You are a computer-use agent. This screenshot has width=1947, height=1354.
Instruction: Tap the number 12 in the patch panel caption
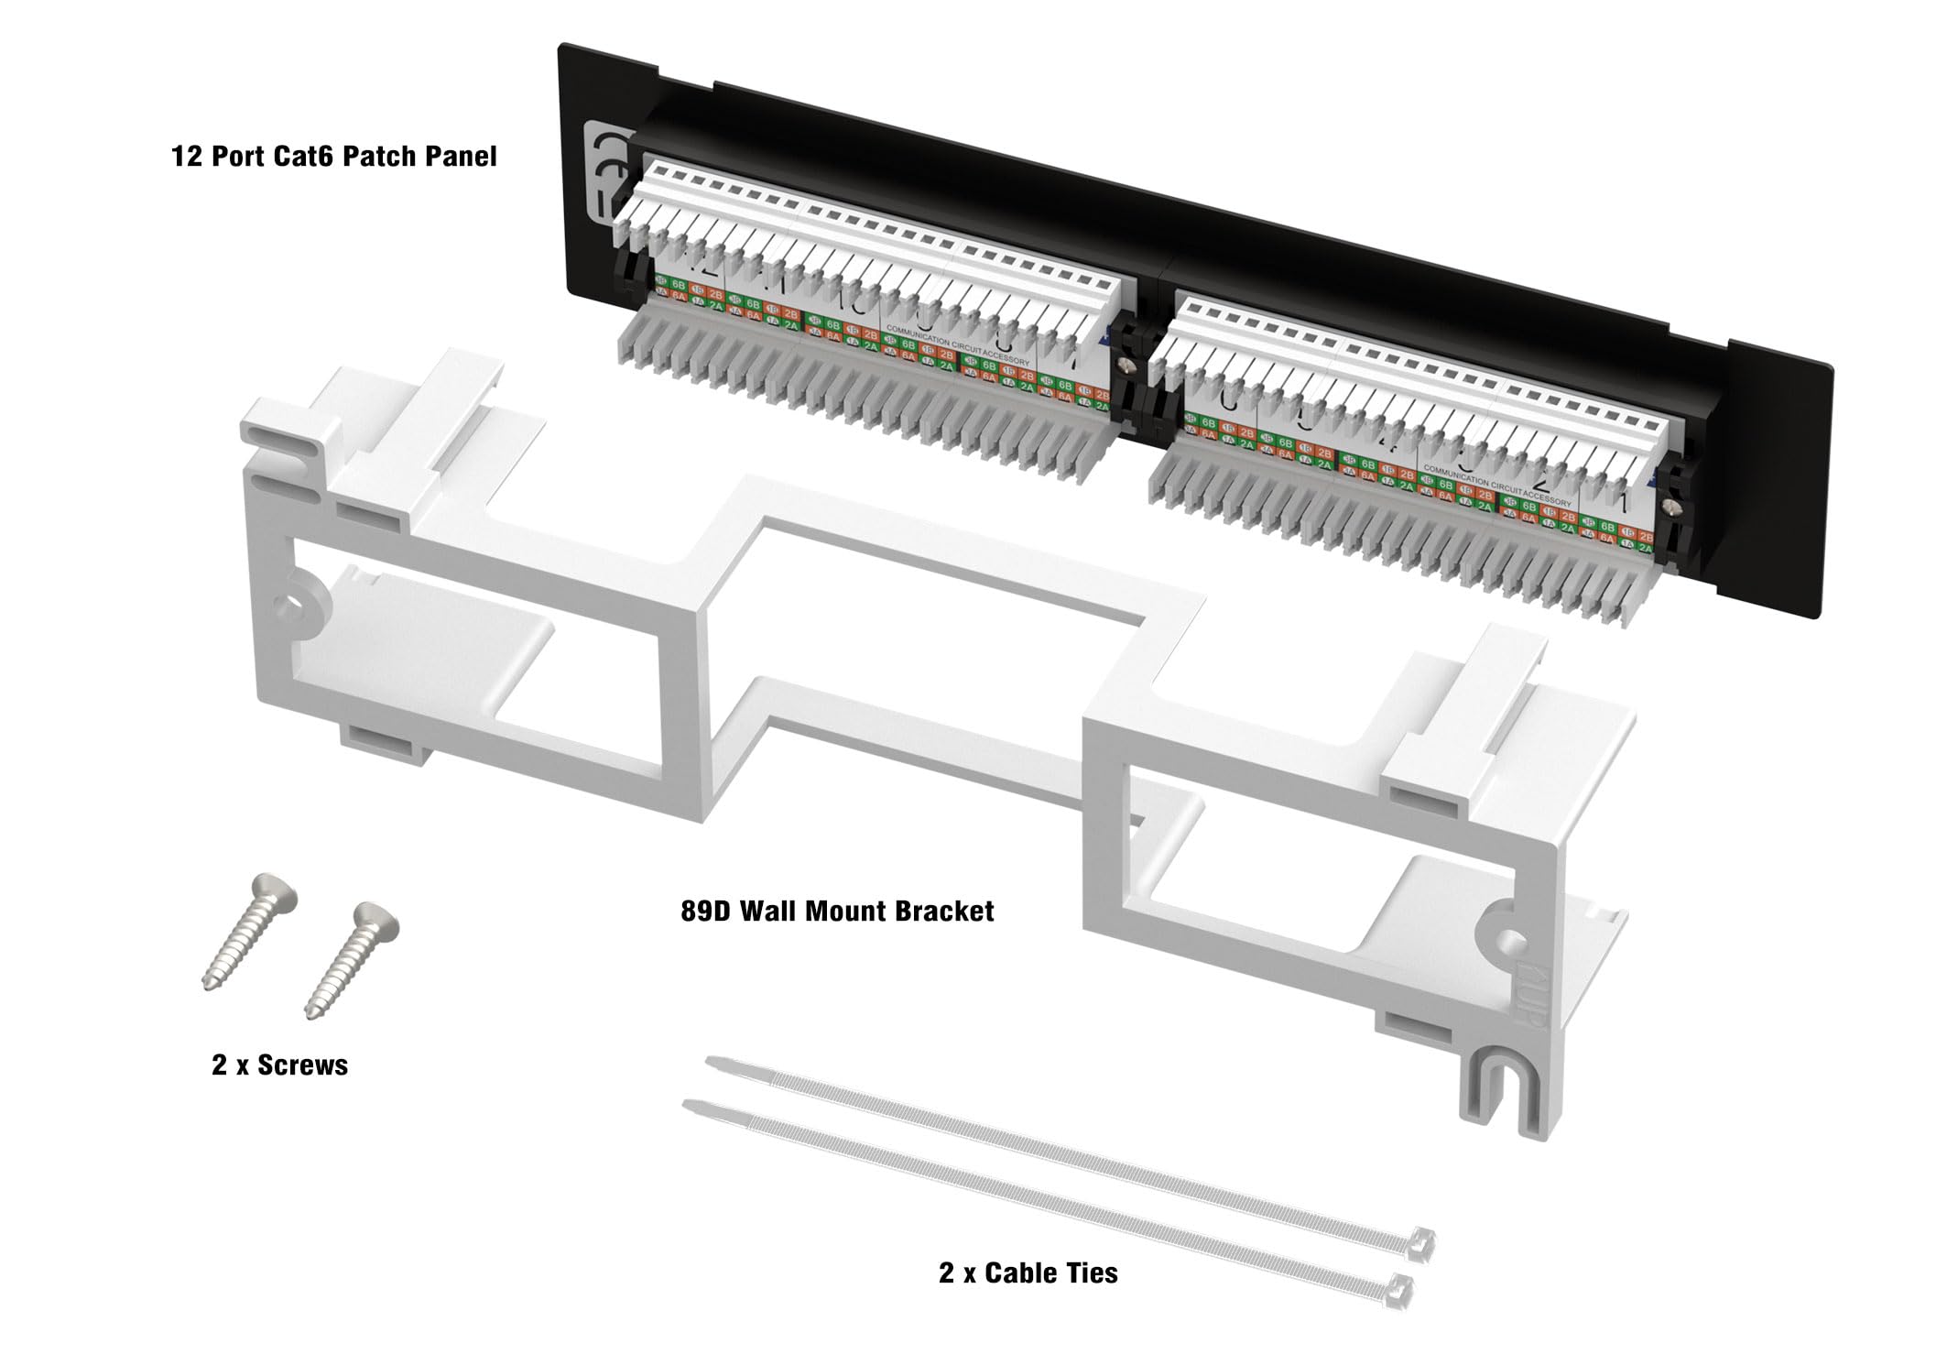(186, 156)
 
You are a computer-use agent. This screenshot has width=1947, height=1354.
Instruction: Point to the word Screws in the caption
(302, 1065)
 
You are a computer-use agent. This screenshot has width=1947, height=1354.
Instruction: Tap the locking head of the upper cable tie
(1423, 1240)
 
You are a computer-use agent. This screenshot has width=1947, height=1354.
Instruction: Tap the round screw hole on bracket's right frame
(1512, 939)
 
